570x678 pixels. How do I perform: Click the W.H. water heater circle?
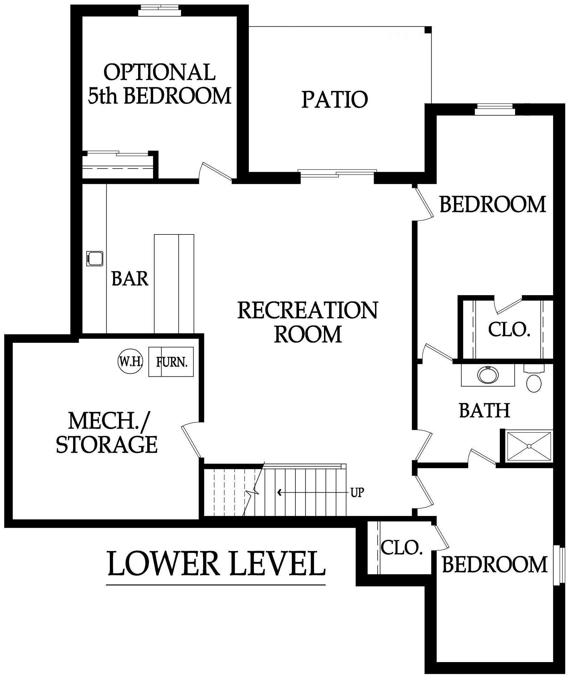(x=130, y=362)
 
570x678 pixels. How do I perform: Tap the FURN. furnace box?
(x=171, y=362)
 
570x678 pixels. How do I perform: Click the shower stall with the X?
(x=529, y=446)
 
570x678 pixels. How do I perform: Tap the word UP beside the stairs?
(x=357, y=502)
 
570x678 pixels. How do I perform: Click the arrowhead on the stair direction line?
(x=279, y=502)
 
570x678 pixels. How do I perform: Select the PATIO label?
(x=334, y=99)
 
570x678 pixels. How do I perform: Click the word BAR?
(x=130, y=279)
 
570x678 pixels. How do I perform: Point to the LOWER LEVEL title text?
(x=216, y=564)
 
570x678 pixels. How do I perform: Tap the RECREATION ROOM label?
(x=308, y=322)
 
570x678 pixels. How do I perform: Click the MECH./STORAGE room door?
(x=192, y=442)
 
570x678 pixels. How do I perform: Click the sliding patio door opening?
(x=337, y=174)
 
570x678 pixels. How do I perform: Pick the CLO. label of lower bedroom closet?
(x=401, y=548)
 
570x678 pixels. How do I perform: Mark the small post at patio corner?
(x=428, y=30)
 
